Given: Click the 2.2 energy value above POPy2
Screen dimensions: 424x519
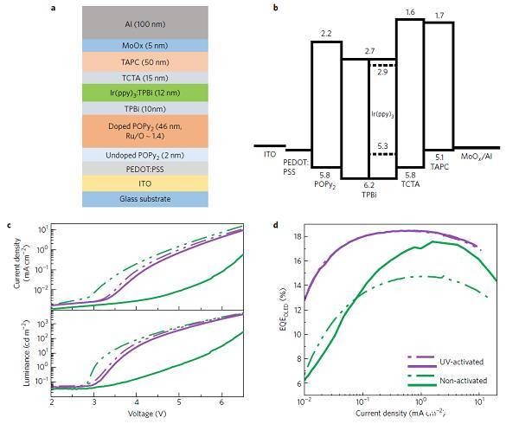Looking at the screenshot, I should pos(326,33).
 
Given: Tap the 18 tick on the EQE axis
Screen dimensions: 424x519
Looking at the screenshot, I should pos(296,235).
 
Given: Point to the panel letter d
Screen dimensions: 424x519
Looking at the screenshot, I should pos(275,227).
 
